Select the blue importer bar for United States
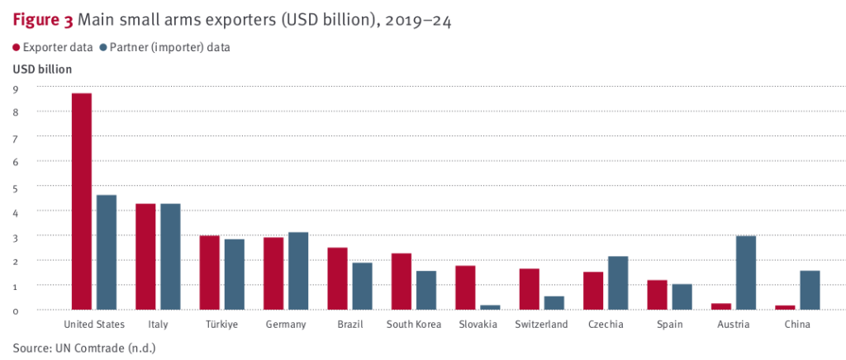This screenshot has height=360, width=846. [x=107, y=252]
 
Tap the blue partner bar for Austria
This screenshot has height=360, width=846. [x=745, y=272]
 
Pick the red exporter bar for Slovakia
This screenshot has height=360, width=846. [x=465, y=287]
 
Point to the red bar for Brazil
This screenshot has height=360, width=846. [x=337, y=278]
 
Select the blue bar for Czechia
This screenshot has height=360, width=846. [x=617, y=282]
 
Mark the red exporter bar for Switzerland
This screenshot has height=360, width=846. [x=529, y=289]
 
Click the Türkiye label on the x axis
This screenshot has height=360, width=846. [x=222, y=324]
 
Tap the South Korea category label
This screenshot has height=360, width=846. [x=414, y=324]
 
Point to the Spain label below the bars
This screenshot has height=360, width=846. [x=669, y=324]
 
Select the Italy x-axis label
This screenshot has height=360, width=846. [x=158, y=324]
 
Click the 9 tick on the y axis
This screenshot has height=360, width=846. [x=16, y=88]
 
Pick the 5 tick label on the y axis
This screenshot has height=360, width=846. [x=16, y=187]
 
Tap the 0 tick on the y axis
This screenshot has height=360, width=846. [x=16, y=310]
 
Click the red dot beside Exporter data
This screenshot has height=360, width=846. [x=16, y=48]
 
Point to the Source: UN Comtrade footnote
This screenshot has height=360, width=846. [x=84, y=348]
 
